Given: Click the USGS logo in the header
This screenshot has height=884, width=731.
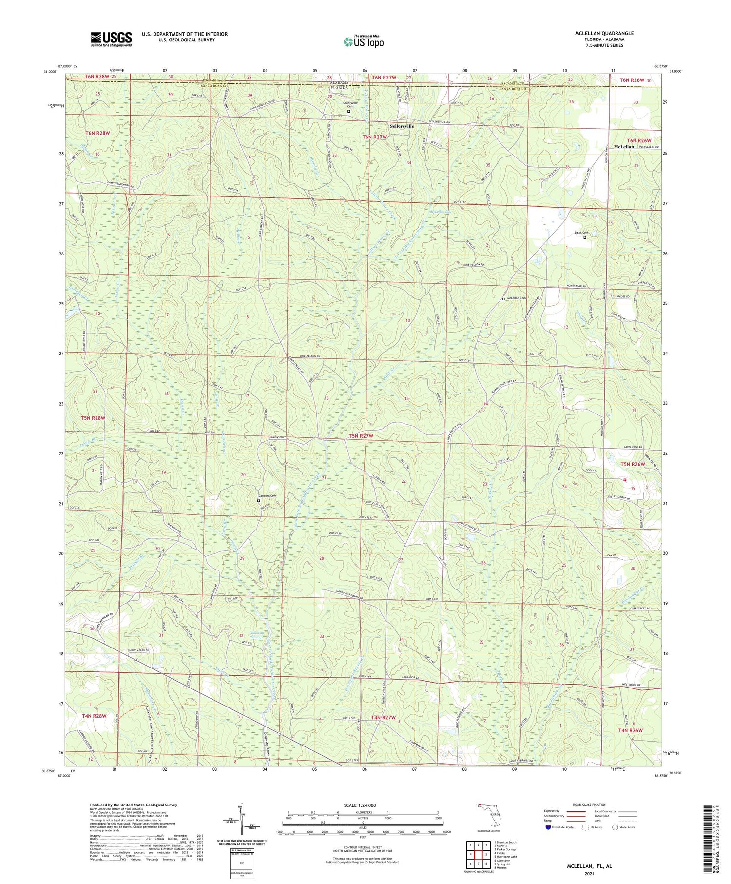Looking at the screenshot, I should click(111, 39).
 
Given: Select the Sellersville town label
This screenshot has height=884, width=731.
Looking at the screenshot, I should click(402, 126).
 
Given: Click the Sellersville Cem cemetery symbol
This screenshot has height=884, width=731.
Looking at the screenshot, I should click(348, 111).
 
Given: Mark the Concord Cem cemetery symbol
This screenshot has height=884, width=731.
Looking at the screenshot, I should click(258, 501).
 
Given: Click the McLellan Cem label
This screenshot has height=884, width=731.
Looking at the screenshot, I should click(517, 298).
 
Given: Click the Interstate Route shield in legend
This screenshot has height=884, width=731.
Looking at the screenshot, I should click(548, 827).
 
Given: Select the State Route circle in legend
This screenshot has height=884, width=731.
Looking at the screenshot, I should click(616, 827).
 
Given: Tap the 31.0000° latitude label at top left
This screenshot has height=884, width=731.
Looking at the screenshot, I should click(50, 71).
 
